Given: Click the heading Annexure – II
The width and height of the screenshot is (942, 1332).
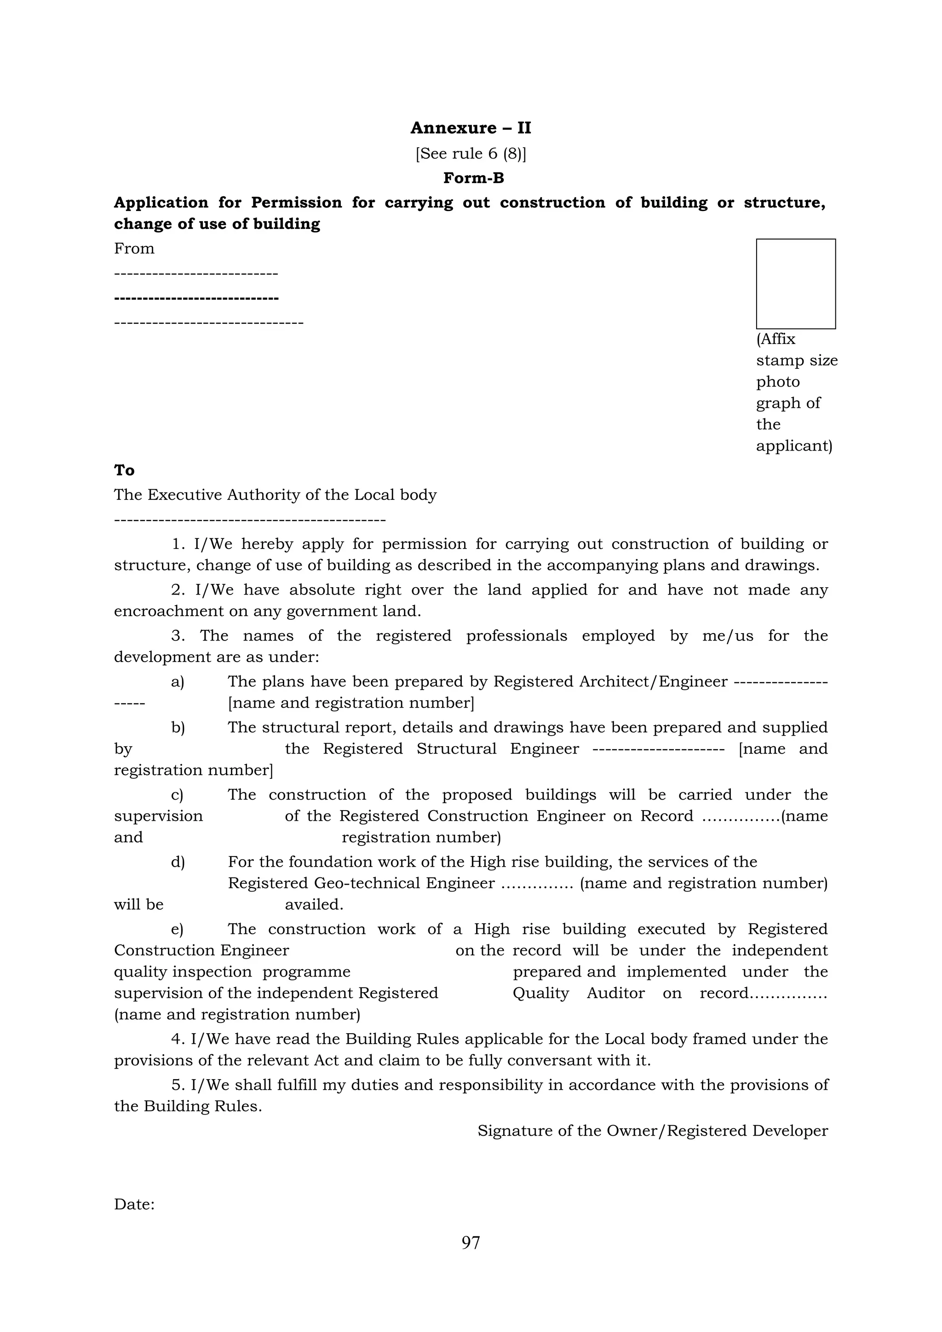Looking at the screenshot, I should pos(471,128).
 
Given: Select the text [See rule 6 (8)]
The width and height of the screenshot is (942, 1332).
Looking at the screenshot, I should pos(471,153).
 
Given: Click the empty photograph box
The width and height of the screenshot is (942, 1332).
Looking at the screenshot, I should pos(795,284).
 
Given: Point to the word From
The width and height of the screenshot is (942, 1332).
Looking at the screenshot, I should pos(134,249).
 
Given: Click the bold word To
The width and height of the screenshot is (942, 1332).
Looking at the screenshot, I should pos(124,470).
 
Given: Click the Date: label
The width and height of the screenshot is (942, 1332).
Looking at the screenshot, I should pos(134,1204).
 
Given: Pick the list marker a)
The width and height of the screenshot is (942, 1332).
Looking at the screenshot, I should pos(177,682).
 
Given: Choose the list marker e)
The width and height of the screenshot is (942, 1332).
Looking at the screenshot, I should pos(177,929).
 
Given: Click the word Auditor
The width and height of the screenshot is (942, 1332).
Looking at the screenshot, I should pos(615,993).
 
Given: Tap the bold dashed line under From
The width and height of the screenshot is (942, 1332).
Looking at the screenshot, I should pos(196,298).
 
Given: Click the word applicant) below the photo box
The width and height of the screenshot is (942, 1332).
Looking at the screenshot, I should pos(793,446).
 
